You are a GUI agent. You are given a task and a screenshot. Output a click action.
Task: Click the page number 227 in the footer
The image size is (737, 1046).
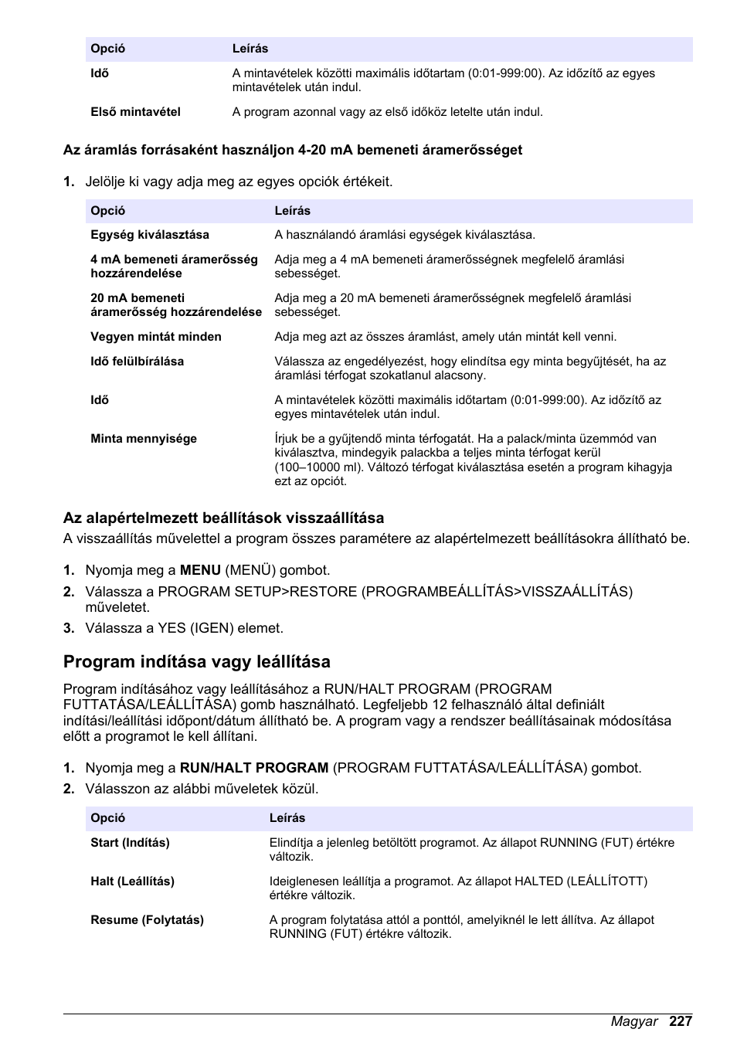pos(681,1021)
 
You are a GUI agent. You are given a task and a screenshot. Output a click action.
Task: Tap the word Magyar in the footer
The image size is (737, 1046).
pos(634,1021)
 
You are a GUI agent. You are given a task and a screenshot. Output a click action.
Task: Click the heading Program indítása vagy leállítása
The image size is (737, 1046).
pos(197,661)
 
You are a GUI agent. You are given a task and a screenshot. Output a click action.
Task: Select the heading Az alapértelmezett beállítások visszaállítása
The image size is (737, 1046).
pos(223,518)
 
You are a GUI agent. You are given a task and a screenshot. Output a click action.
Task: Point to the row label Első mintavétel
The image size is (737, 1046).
pos(135,112)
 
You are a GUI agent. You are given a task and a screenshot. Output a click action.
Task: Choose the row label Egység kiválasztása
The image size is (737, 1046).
pos(150,235)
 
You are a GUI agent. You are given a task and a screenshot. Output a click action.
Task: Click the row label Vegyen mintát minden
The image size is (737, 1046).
pos(156,337)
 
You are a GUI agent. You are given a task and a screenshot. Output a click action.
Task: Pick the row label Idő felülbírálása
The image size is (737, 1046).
pos(138,362)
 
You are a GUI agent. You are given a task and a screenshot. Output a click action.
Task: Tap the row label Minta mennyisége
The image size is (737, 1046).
pos(144,439)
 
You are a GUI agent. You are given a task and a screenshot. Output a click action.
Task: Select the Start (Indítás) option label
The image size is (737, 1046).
pos(130,843)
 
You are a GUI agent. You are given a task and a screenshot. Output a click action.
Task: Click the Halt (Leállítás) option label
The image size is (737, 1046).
pos(132,881)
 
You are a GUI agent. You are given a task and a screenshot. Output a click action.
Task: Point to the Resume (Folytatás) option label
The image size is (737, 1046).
pos(147,920)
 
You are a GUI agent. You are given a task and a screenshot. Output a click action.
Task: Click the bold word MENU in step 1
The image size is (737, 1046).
pos(200,570)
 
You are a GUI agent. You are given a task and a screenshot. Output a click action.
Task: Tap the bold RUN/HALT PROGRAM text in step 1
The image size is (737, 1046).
pos(254,768)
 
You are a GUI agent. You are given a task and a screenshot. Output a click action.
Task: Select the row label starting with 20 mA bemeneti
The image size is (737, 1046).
pos(176,305)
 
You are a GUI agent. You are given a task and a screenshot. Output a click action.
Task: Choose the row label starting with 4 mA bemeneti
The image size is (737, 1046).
pos(174,267)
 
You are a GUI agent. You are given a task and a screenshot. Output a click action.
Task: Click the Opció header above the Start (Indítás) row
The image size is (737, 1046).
pos(107,818)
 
